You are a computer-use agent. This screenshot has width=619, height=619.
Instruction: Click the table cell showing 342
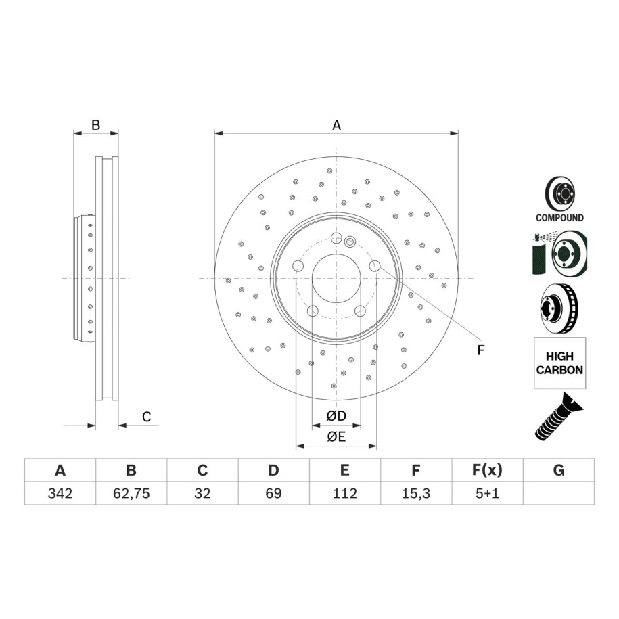coord(60,493)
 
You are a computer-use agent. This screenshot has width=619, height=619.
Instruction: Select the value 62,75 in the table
coord(131,493)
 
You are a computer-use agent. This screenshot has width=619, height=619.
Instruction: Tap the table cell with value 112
coord(344,493)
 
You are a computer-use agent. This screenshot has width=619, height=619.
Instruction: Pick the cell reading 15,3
coord(416,493)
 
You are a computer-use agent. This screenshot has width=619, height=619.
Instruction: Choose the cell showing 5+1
coord(487,493)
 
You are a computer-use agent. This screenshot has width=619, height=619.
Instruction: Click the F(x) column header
coord(487,470)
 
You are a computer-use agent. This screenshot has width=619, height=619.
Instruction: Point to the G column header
coord(559,470)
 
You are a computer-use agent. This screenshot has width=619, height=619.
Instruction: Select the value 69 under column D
coord(273,493)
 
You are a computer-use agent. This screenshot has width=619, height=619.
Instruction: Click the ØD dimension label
coord(336,415)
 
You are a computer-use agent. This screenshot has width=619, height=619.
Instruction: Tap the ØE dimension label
coord(336,436)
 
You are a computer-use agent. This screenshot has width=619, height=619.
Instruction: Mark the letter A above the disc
coord(336,125)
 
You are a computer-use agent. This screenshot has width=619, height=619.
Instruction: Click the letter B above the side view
coord(96,124)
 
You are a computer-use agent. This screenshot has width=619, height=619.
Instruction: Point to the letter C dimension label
coord(146,417)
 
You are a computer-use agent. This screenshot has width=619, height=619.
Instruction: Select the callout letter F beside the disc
coord(480,350)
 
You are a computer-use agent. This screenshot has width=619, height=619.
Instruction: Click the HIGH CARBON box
coord(559,363)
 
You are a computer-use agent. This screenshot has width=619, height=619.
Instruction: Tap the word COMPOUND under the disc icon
coord(559,218)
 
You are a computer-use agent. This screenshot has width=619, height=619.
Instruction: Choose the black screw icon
coord(559,417)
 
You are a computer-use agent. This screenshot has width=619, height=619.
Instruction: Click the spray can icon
coord(538,254)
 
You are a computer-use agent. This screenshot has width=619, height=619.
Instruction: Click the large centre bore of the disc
coord(336,279)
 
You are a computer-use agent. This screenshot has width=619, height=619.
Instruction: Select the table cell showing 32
coord(202,493)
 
